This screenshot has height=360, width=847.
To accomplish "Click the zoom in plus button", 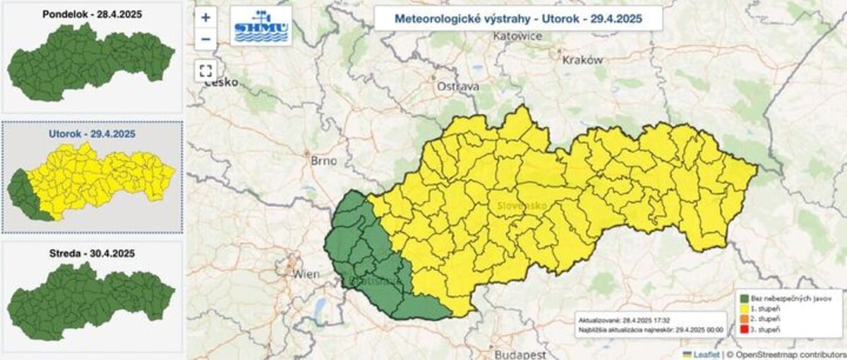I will (205, 18).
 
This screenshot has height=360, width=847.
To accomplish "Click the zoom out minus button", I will (205, 39).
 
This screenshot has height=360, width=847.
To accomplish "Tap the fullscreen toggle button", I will (205, 70).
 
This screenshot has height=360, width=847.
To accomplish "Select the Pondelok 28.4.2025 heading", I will (92, 15).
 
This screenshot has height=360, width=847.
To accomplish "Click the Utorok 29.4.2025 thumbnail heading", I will (92, 133).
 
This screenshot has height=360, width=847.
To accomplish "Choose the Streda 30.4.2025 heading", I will (92, 253).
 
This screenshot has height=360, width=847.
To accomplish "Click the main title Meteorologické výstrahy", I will (518, 18).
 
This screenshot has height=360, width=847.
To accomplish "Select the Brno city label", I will (324, 160).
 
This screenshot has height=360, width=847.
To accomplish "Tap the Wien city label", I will (306, 273).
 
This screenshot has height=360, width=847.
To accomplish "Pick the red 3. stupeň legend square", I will (744, 330).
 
